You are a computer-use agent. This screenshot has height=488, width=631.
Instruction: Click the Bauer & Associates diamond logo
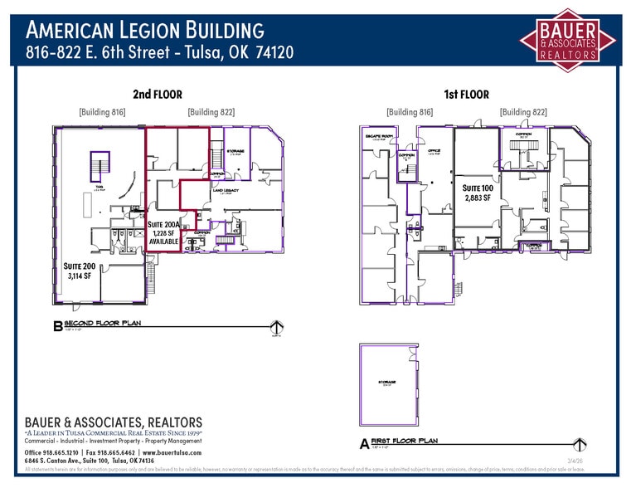point(568,39)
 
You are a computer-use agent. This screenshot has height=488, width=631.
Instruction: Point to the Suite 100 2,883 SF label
point(478,194)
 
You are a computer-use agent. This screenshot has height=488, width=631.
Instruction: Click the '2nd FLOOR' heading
point(157,95)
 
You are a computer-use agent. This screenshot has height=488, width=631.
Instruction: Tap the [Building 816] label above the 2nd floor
point(102,112)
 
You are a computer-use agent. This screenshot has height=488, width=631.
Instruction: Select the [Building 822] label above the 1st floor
point(522,112)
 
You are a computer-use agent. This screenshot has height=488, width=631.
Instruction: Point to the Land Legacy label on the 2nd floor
point(226,191)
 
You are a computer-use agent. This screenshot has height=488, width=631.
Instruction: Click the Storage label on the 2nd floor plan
point(235,152)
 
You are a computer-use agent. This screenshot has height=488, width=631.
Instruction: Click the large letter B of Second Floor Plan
point(57,328)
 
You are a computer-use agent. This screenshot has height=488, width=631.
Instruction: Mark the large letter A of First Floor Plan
point(364,444)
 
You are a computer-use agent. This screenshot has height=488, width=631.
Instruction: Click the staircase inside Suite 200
point(100,166)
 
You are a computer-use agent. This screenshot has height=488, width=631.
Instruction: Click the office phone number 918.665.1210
point(62,451)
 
